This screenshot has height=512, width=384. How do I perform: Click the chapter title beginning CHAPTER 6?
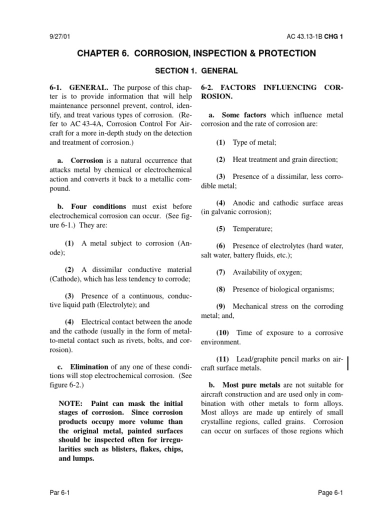[196, 53]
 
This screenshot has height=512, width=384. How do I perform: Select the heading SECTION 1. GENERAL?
[196, 71]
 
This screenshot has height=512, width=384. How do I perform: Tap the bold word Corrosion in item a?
[87, 160]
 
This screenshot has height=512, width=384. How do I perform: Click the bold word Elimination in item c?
[89, 366]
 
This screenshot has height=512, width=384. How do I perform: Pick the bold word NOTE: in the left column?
[72, 403]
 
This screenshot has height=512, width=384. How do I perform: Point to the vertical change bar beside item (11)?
[347, 363]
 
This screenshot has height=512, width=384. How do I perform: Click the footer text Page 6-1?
[330, 492]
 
